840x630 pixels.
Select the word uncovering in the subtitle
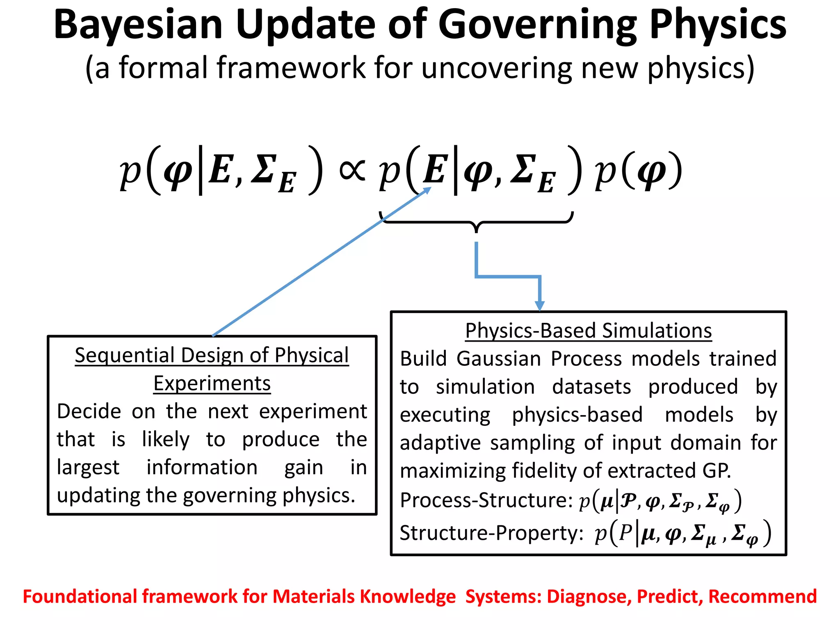[x=496, y=68]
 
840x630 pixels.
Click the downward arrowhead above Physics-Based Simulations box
[x=540, y=306]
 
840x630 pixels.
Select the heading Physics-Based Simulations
[x=588, y=331]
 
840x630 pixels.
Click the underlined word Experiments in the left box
[x=212, y=384]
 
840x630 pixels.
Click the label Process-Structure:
[x=486, y=500]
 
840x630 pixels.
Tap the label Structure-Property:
[x=491, y=533]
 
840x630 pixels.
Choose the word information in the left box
[x=202, y=468]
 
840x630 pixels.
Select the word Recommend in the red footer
[x=762, y=597]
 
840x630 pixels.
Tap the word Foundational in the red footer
[x=80, y=597]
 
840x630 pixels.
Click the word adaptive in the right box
[x=440, y=443]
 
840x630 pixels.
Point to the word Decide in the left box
[x=89, y=411]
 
